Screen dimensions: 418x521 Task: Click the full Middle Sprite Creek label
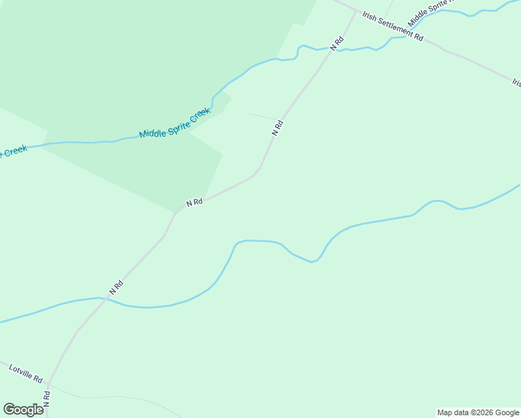[174, 123]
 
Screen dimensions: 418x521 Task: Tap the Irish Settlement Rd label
[393, 26]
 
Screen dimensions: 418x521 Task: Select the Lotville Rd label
[26, 373]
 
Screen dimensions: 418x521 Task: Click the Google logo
[23, 409]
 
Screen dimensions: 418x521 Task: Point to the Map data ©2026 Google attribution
[478, 412]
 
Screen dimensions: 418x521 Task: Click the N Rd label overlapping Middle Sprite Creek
[338, 42]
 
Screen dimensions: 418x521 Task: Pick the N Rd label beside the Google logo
[47, 399]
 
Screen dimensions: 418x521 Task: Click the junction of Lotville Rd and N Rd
[47, 383]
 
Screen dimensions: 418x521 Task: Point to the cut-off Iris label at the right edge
[516, 82]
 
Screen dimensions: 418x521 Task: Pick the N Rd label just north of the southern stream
[116, 286]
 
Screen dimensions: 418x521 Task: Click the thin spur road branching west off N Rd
[263, 116]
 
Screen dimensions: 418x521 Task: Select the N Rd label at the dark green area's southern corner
[194, 202]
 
